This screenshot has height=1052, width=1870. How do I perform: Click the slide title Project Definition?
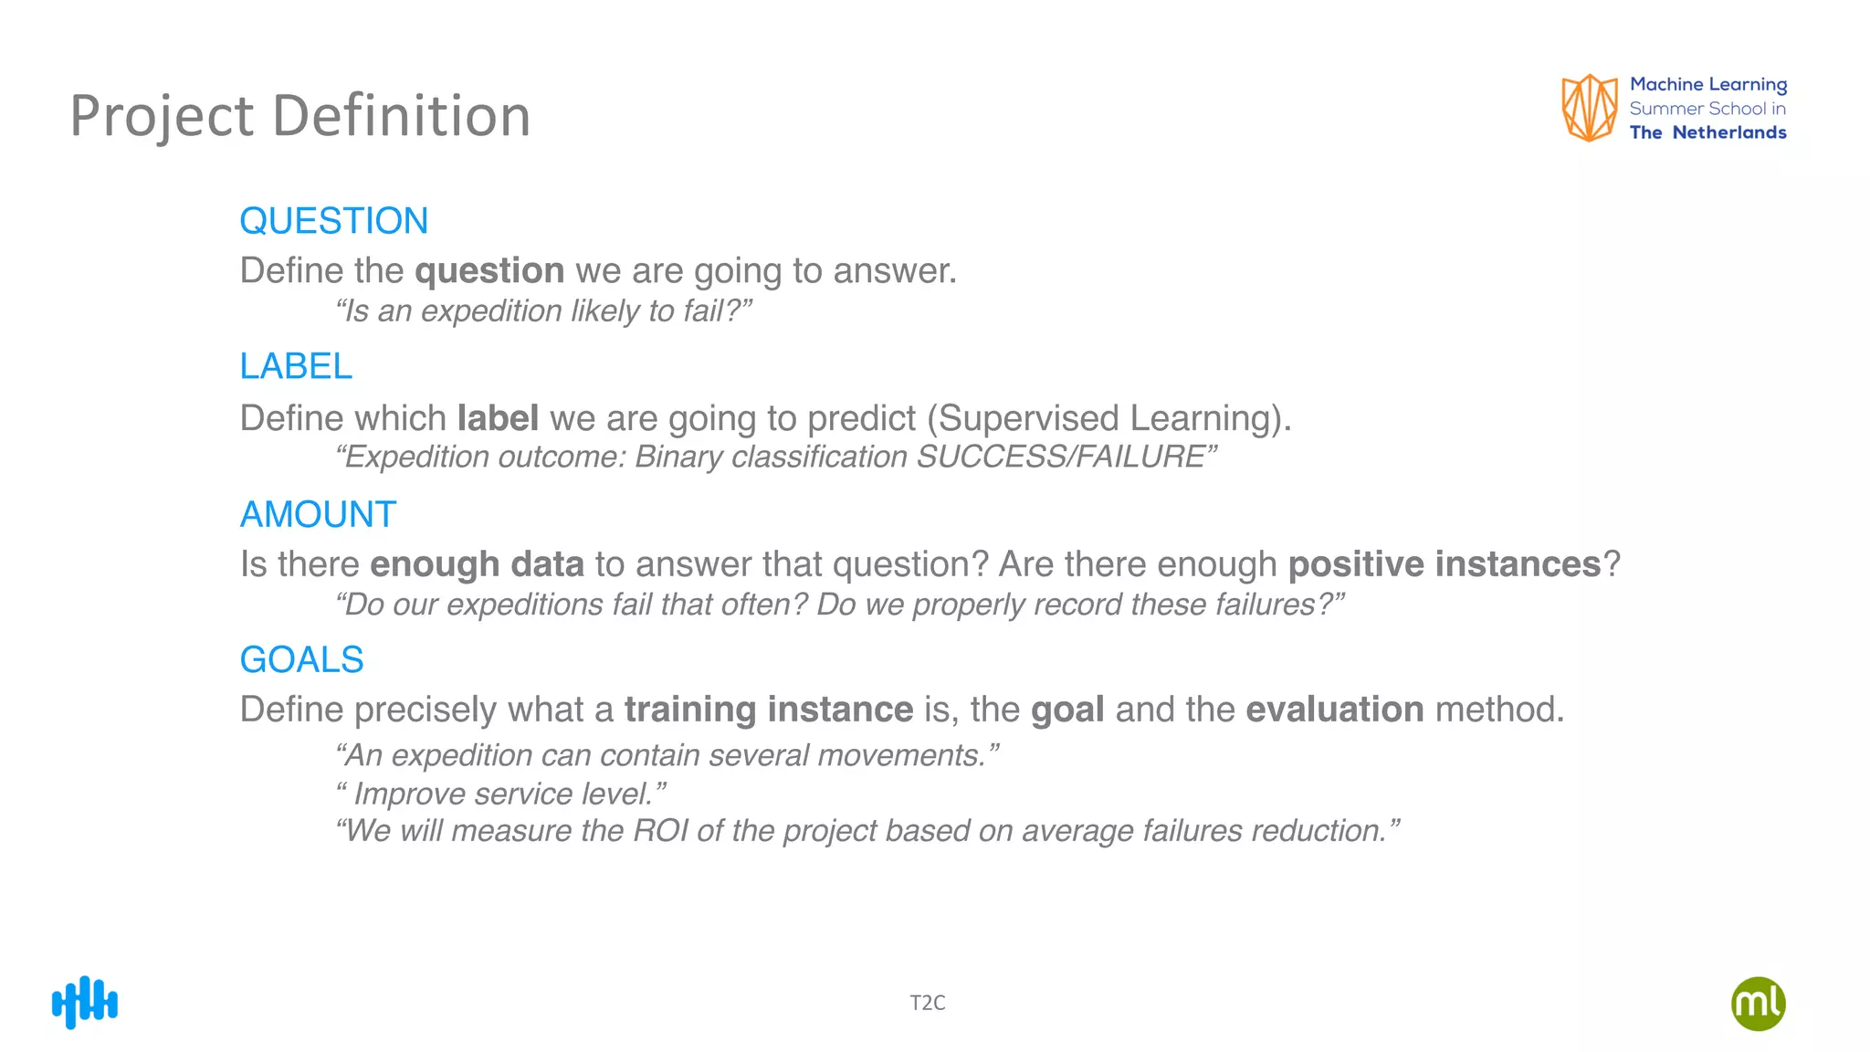pos(299,116)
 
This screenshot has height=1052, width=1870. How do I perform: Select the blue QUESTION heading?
pos(333,221)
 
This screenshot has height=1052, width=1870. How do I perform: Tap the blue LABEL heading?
pos(295,367)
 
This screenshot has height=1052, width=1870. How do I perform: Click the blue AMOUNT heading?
pos(318,514)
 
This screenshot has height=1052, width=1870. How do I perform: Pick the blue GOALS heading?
pos(301,659)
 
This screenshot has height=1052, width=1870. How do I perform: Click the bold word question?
pos(489,271)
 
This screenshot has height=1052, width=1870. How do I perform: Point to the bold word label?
pos(498,418)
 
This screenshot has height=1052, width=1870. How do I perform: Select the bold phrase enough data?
pos(477,564)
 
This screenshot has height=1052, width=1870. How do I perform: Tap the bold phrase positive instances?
pos(1445,564)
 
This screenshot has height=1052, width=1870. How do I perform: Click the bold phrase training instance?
pos(768,710)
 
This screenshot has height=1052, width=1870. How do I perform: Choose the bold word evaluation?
pos(1334,710)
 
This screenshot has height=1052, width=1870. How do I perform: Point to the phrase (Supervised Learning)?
pos(1108,418)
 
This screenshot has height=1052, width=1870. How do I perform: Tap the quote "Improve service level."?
pos(501,794)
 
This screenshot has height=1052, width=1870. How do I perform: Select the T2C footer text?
pos(927,1003)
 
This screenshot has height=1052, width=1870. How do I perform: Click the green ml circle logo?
pos(1758,1004)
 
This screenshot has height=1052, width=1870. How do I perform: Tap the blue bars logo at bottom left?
pos(85,1003)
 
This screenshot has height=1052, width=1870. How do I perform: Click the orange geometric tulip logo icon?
pos(1589,108)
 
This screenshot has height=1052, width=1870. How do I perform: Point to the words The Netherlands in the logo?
pos(1707,132)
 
